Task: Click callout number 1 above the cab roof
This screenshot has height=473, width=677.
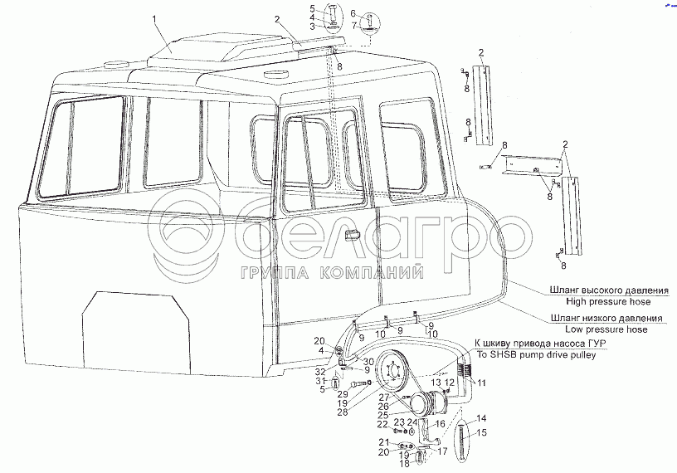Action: [x=153, y=17]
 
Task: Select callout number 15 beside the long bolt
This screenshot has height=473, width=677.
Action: [x=482, y=432]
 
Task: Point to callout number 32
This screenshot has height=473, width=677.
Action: [x=321, y=372]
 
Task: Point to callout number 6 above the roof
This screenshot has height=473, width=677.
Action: [x=353, y=13]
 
